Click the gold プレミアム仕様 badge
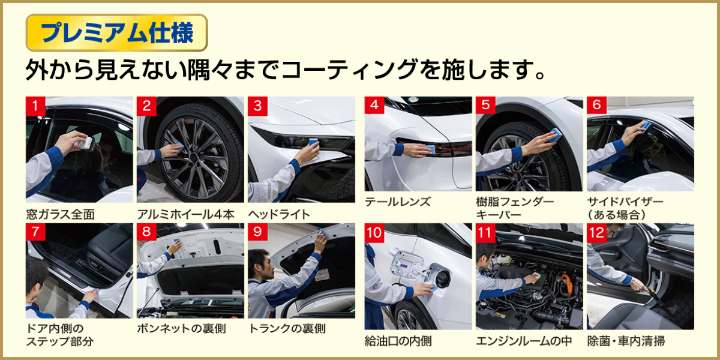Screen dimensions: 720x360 pos(116,33)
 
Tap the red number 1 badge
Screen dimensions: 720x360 pos(35,106)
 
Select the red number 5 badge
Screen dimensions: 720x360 pos(485,105)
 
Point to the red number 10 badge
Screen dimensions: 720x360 pos(374,233)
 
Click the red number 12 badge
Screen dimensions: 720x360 pos(596,233)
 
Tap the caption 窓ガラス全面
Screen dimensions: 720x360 pos(61,214)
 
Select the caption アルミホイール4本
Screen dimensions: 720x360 pos(186,214)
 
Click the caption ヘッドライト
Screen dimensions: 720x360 pos(279,214)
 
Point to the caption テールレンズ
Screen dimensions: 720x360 pos(398,202)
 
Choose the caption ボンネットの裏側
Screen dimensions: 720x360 pos(182,329)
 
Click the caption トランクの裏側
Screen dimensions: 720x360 pos(287,329)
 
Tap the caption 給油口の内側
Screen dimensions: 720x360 pos(398,341)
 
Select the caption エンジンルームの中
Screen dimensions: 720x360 pos(524,341)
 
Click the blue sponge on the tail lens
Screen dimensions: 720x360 pos(430,149)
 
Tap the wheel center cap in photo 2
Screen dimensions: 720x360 pos(193,157)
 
